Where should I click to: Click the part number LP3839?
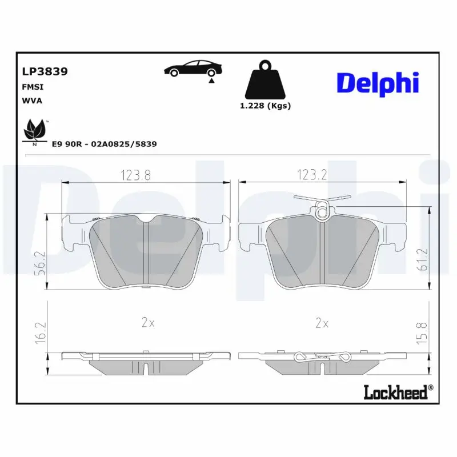tap(45, 72)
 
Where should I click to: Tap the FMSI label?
tap(33, 87)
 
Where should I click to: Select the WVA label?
tap(32, 100)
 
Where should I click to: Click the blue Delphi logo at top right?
tap(378, 83)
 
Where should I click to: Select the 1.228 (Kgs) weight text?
tap(264, 106)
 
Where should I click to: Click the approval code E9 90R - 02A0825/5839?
tap(104, 145)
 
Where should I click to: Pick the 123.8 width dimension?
tap(135, 175)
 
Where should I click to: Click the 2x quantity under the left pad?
tap(148, 323)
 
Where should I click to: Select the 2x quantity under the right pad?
tap(322, 323)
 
